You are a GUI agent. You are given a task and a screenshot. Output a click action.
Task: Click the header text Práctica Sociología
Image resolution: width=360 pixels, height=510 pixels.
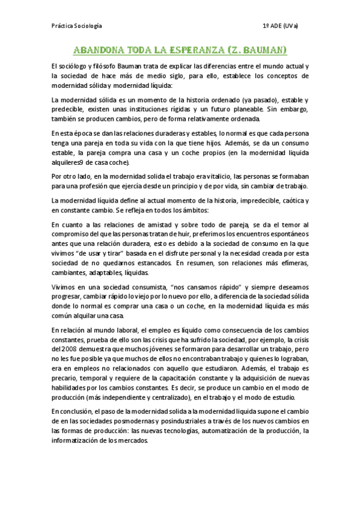[x=76, y=26]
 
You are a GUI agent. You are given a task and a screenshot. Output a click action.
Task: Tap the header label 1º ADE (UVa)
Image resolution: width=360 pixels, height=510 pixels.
[x=281, y=26]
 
